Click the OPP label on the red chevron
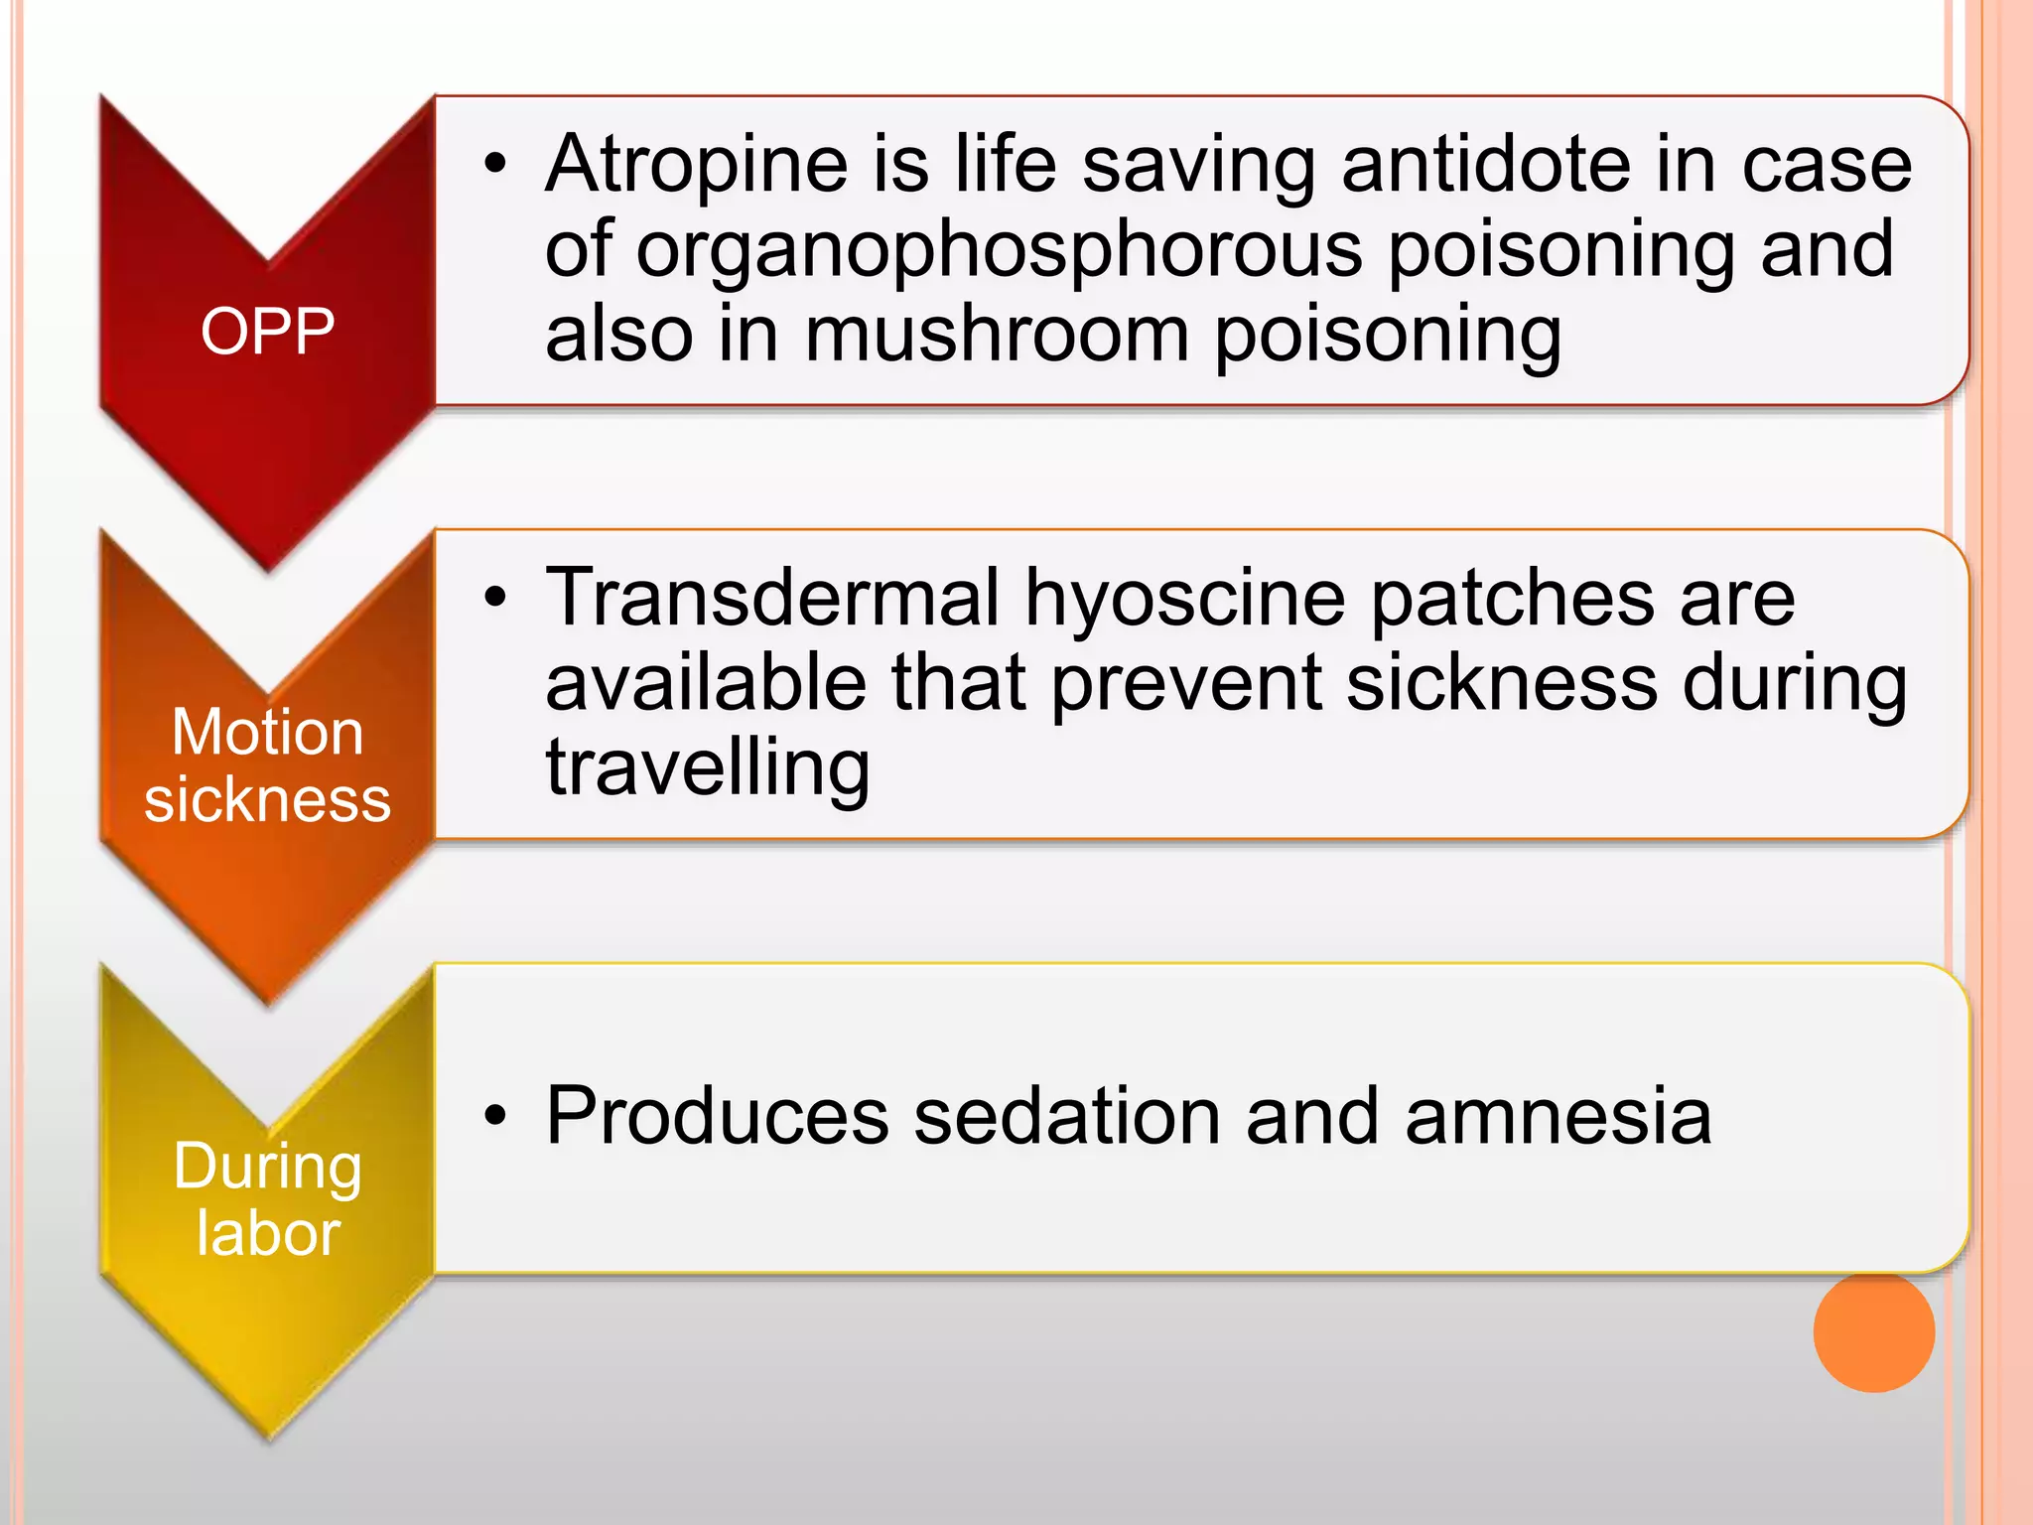coord(267,331)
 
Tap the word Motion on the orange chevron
coord(267,733)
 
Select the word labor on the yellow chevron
coord(268,1233)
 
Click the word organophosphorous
coord(999,249)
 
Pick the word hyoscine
coord(1185,599)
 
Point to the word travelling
coord(708,767)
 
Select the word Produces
coord(717,1117)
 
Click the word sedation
coord(1067,1117)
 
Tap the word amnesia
coord(1559,1117)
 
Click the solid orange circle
coord(1873,1331)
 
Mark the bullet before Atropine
coord(495,164)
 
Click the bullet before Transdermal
coord(495,598)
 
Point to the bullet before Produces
coord(495,1117)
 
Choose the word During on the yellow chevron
coord(267,1167)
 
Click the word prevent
coord(1186,683)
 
